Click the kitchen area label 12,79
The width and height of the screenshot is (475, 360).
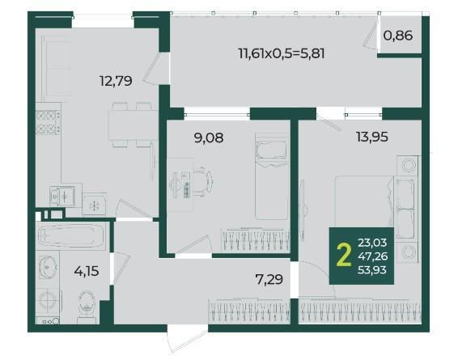coord(116,81)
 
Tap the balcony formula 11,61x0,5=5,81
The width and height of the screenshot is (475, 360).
coord(282,54)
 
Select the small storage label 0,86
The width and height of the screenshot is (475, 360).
coord(398,36)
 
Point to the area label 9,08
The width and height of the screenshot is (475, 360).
coord(209,138)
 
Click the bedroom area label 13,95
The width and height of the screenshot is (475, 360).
coord(372,137)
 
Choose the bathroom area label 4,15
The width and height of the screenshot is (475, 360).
coord(87,271)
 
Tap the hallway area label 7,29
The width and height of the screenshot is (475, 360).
coord(269,279)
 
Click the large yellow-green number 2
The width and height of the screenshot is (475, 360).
coord(344,256)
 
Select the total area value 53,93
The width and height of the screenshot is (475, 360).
coord(372,269)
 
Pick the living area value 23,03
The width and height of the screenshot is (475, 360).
coord(372,243)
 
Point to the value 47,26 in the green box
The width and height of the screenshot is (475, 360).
coord(372,256)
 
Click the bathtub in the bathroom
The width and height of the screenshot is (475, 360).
coord(71,236)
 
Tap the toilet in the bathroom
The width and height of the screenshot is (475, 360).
coord(87,306)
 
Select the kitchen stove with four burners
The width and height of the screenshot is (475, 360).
coord(48,122)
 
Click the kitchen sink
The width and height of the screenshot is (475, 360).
coord(62,196)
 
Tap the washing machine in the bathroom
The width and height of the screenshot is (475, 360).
coord(49,301)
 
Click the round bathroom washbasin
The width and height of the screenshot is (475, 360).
coord(48,267)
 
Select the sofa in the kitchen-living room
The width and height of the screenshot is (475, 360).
coord(54,69)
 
